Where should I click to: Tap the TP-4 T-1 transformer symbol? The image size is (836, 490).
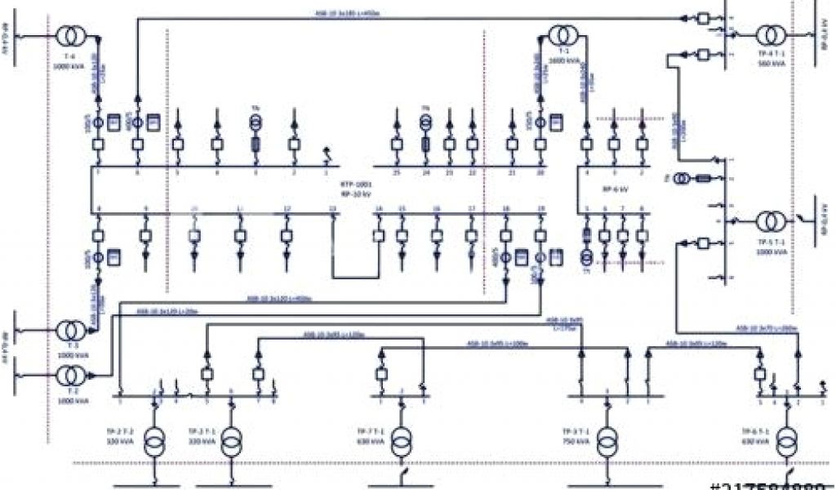click(770, 36)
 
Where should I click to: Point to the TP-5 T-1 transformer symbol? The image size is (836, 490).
click(770, 221)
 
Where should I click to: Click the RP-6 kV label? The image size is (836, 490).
click(615, 189)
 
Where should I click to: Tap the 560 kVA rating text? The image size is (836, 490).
click(765, 62)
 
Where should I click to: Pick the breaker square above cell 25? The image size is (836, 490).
click(396, 145)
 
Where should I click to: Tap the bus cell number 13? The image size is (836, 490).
click(332, 210)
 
